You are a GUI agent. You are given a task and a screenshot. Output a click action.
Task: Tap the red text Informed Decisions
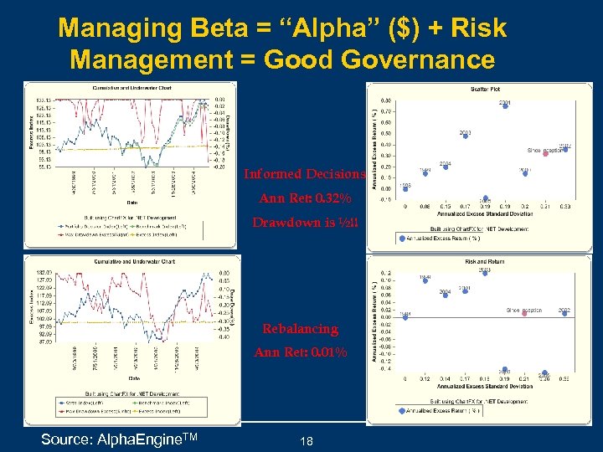(x=304, y=175)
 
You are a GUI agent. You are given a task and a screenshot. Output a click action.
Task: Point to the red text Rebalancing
(x=300, y=329)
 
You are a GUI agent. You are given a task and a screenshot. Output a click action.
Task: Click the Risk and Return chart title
(x=479, y=262)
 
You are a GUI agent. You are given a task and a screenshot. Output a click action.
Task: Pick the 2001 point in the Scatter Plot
(x=505, y=107)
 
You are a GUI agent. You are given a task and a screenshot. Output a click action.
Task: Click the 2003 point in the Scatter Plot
(x=465, y=137)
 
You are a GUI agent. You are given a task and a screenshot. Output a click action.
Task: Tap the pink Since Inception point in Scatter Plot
(x=545, y=153)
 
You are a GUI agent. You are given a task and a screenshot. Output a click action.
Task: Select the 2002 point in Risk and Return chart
(x=564, y=314)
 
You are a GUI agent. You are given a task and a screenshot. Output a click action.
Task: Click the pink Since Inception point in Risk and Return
(x=525, y=314)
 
